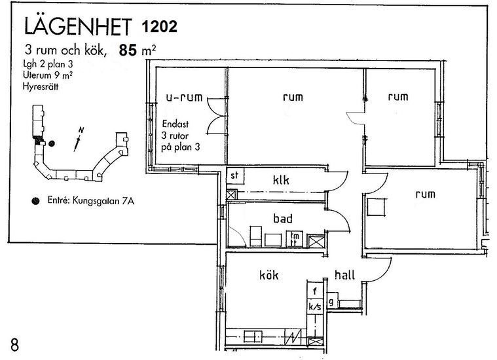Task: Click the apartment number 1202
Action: point(159,26)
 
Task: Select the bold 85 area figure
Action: point(128,50)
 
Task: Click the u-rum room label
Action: point(184,97)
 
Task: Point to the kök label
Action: point(268,275)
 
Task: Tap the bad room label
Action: point(283,219)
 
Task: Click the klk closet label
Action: point(281,180)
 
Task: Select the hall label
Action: point(345,275)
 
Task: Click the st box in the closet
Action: point(235,176)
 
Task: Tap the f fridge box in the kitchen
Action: point(315,291)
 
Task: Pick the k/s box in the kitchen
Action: point(315,306)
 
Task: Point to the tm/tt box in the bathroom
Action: point(295,240)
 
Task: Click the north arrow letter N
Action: point(81,130)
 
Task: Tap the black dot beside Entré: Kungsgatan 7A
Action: point(35,200)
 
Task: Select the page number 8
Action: point(14,345)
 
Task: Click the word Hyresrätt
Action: point(40,86)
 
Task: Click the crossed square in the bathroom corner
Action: point(317,241)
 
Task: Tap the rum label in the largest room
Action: point(293,97)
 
